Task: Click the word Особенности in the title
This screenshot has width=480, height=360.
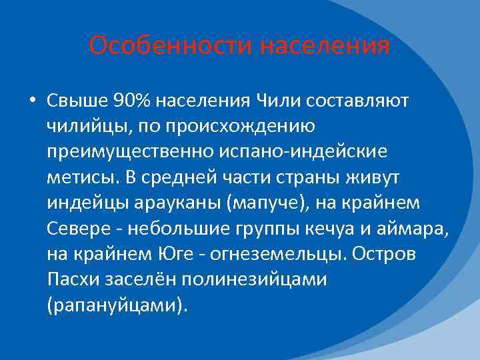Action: click(x=170, y=46)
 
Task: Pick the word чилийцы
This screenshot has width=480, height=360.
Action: click(x=86, y=126)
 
